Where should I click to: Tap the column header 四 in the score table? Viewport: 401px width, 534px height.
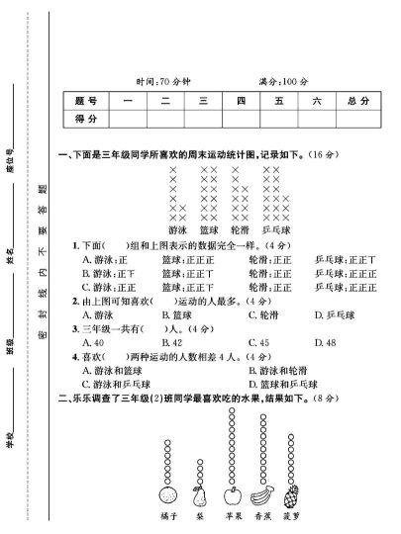(240, 101)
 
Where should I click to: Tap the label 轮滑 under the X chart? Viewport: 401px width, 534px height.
(239, 229)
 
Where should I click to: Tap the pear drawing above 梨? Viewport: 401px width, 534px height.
(199, 494)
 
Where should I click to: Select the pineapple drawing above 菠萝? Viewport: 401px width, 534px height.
(292, 494)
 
